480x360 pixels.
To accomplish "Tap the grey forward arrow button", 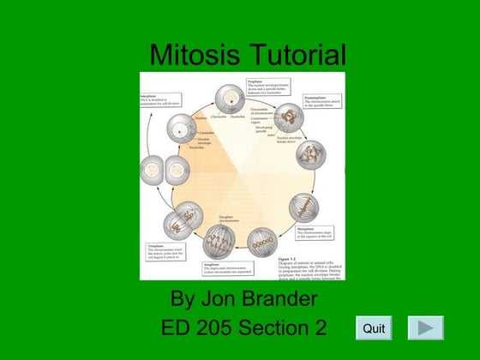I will [425, 327].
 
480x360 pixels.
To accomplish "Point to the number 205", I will [219, 327].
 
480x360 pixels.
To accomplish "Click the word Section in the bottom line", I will [276, 327].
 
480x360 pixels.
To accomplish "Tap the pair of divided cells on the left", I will [164, 169].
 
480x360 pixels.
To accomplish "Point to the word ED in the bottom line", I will [177, 327].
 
